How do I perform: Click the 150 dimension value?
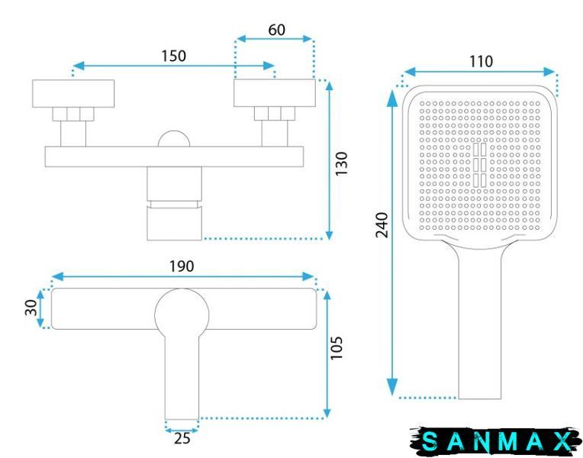click(173, 56)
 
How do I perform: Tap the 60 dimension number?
click(277, 30)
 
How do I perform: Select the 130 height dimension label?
click(341, 163)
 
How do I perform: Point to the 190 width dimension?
click(182, 266)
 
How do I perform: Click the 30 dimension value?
click(31, 308)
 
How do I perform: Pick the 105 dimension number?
click(337, 348)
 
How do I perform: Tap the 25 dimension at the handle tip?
click(182, 438)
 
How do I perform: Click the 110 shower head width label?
click(481, 61)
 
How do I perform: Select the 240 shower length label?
click(382, 224)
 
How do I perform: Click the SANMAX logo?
click(496, 441)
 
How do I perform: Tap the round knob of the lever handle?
click(182, 314)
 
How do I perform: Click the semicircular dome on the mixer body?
click(174, 139)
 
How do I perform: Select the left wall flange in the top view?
click(73, 94)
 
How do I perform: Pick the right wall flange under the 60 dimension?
click(275, 93)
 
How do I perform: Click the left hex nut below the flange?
click(73, 114)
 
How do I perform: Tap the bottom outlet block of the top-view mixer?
click(175, 223)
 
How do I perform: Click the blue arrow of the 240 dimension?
click(392, 243)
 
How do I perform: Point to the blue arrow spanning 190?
click(183, 276)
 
